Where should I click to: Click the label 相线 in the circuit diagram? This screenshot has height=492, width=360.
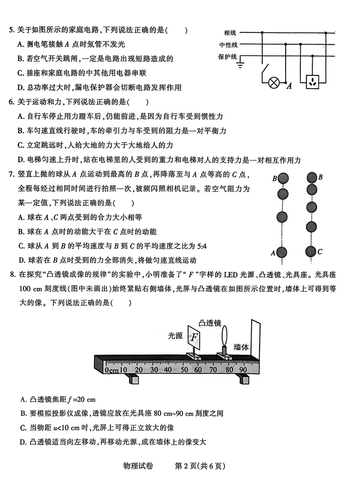(x=230, y=33)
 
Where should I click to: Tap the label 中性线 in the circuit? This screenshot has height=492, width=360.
(x=228, y=45)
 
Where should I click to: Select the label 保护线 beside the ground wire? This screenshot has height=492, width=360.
(x=227, y=57)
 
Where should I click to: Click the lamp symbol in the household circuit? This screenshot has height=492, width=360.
(x=274, y=82)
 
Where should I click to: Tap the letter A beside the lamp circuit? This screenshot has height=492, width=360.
(x=289, y=86)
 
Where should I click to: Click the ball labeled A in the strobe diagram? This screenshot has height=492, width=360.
(x=282, y=252)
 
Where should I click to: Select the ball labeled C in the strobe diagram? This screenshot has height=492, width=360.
(x=311, y=252)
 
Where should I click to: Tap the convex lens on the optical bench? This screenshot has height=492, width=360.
(x=224, y=335)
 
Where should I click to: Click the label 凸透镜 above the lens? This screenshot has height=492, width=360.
(x=210, y=323)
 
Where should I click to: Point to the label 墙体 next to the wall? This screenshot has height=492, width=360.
(x=241, y=347)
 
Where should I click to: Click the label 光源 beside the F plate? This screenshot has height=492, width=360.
(x=175, y=336)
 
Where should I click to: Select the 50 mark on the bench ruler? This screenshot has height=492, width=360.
(x=184, y=369)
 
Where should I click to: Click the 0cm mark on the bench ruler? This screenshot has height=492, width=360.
(x=111, y=370)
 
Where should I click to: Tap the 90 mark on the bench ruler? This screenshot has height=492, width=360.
(x=243, y=369)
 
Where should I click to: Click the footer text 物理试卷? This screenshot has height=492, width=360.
(x=138, y=466)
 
